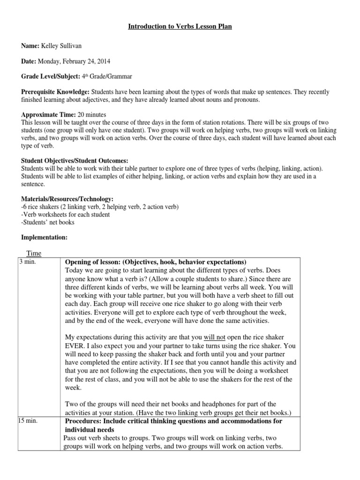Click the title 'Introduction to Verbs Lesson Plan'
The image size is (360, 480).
pos(180,27)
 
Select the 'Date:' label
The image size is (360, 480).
pos(28,61)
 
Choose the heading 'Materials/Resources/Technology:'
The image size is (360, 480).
pos(67,199)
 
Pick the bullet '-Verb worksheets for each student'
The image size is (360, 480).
pos(66,215)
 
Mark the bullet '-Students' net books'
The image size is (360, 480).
pos(48,223)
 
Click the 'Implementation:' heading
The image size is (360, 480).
pos(44,238)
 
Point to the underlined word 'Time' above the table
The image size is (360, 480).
pos(34,253)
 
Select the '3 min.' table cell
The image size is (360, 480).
pos(28,262)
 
